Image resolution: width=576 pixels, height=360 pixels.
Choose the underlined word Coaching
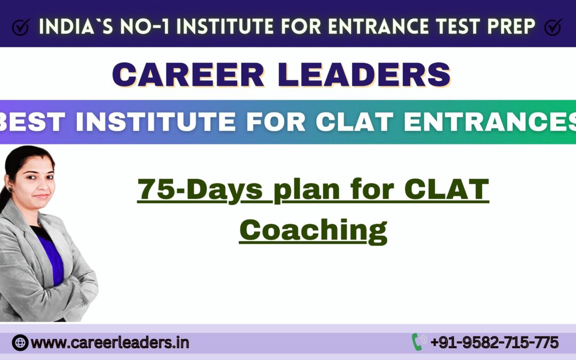click(x=313, y=230)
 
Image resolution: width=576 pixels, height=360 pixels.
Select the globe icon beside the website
click(x=20, y=342)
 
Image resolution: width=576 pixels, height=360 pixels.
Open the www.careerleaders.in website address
click(x=110, y=342)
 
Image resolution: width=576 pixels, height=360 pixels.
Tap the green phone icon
click(x=418, y=342)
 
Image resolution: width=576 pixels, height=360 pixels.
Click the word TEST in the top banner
click(x=468, y=26)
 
